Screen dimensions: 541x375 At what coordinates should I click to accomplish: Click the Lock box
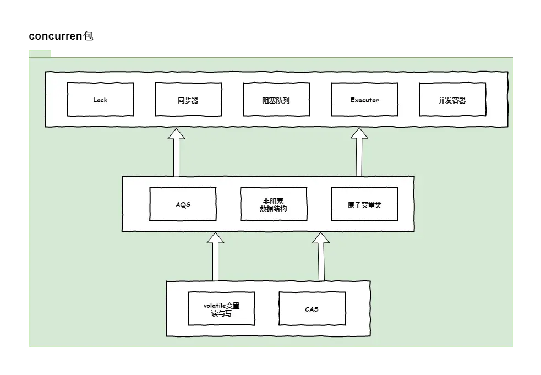(x=100, y=100)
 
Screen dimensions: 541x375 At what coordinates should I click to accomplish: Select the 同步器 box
(x=188, y=100)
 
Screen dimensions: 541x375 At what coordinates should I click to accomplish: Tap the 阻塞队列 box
(x=276, y=100)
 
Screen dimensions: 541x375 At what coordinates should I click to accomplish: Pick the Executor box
(x=364, y=100)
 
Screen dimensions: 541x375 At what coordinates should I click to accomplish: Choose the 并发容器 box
(x=452, y=100)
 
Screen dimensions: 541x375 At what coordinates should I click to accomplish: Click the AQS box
(x=183, y=204)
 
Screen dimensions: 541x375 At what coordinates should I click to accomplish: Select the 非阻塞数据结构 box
(x=274, y=204)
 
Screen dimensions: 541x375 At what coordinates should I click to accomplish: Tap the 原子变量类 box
(x=364, y=204)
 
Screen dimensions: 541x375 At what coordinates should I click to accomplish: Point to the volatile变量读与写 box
(x=221, y=309)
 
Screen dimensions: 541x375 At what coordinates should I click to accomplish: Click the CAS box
(x=312, y=309)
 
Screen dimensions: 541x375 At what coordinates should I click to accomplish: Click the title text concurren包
(x=61, y=36)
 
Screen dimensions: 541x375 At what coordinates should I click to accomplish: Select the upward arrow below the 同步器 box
(x=176, y=153)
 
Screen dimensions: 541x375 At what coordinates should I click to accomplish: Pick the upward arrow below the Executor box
(x=359, y=153)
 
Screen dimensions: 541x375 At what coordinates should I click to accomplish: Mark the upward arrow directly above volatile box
(x=215, y=257)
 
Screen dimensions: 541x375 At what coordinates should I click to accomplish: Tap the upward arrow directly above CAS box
(x=321, y=257)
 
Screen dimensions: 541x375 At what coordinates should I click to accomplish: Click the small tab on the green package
(x=40, y=53)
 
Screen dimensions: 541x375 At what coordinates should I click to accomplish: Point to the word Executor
(x=365, y=100)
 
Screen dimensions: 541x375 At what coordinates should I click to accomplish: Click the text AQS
(x=183, y=205)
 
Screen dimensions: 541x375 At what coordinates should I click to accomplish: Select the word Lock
(x=100, y=100)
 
